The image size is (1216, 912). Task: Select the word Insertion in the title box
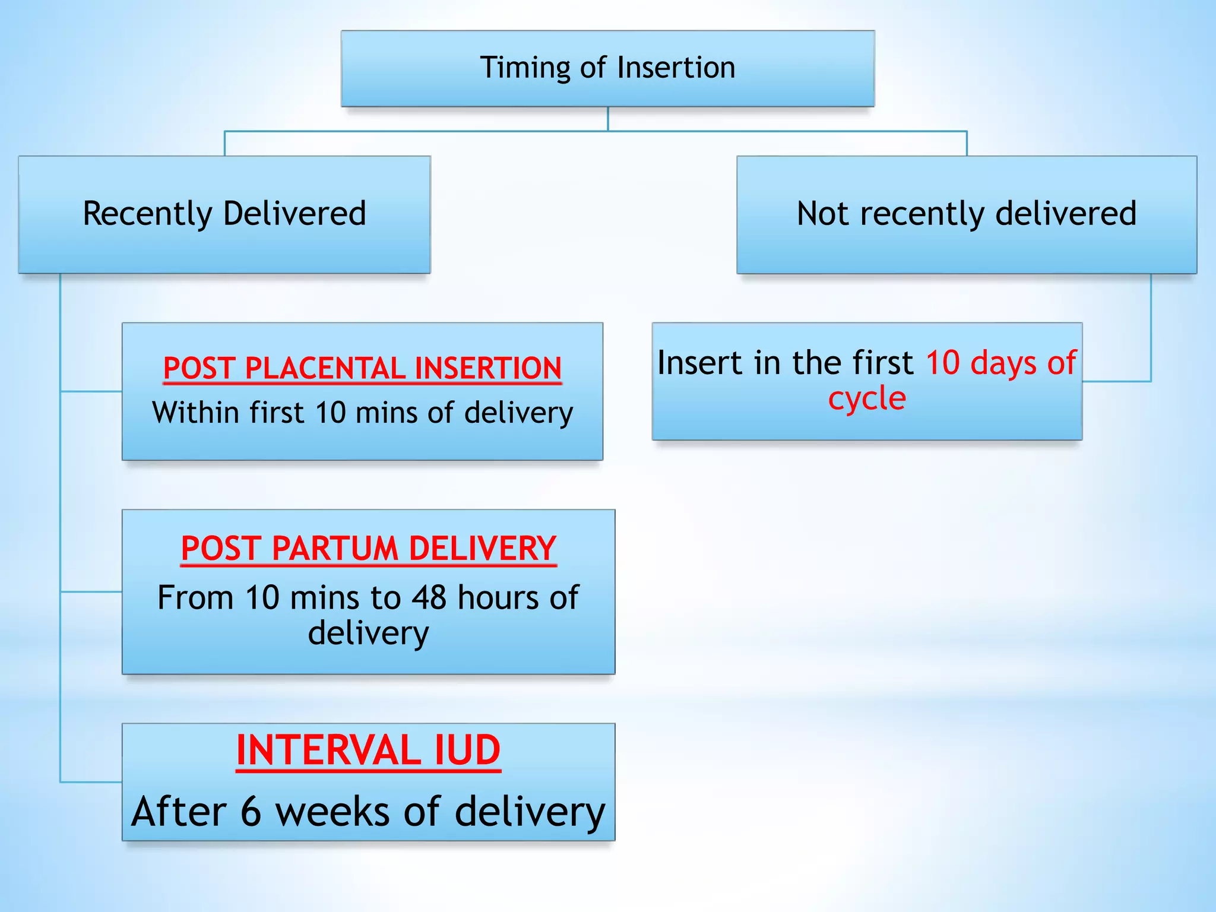[676, 67]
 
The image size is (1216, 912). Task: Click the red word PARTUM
[335, 548]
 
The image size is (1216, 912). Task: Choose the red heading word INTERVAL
[329, 750]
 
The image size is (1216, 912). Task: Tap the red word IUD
[467, 750]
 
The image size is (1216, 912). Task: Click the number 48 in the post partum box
[429, 597]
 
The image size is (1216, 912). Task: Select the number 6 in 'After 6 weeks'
[251, 812]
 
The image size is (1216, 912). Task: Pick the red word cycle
[867, 398]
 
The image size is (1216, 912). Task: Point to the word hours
[498, 597]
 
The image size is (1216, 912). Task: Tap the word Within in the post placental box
[197, 412]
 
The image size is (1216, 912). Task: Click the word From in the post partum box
[195, 597]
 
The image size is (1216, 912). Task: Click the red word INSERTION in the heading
[488, 368]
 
